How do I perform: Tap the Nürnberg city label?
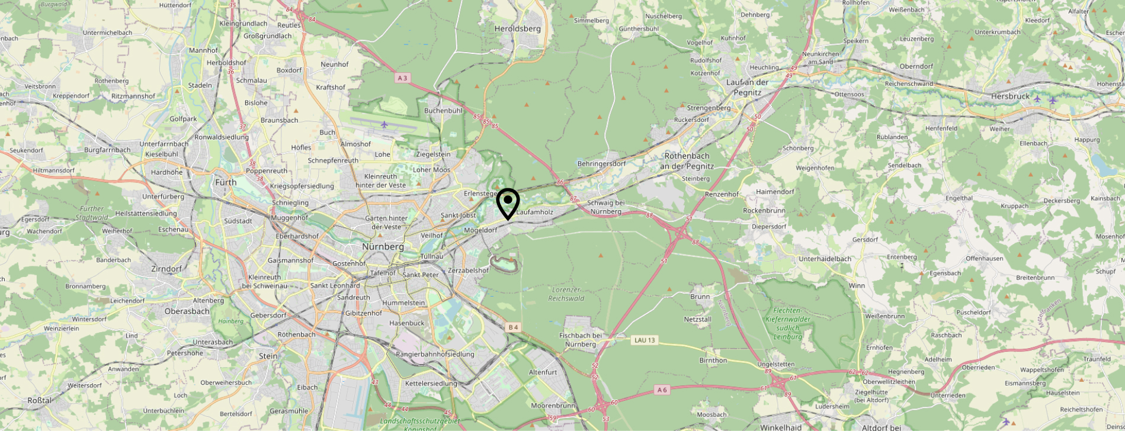pyautogui.click(x=383, y=246)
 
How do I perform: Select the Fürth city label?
pyautogui.click(x=225, y=182)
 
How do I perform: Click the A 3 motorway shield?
pyautogui.click(x=403, y=78)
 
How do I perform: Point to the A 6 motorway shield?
pyautogui.click(x=662, y=390)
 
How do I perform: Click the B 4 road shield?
pyautogui.click(x=513, y=327)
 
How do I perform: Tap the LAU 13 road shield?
pyautogui.click(x=645, y=340)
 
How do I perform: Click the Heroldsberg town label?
pyautogui.click(x=517, y=28)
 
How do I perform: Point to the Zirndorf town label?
pyautogui.click(x=166, y=269)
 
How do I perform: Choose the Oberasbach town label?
pyautogui.click(x=187, y=311)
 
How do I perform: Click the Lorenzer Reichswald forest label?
pyautogui.click(x=566, y=294)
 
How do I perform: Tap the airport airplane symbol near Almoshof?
pyautogui.click(x=384, y=124)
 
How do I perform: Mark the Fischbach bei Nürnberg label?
pyautogui.click(x=581, y=340)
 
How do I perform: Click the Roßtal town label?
pyautogui.click(x=39, y=401)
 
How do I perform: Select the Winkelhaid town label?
pyautogui.click(x=781, y=427)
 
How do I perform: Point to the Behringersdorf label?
pyautogui.click(x=601, y=164)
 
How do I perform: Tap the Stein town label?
pyautogui.click(x=268, y=356)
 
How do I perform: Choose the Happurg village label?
pyautogui.click(x=1086, y=140)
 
